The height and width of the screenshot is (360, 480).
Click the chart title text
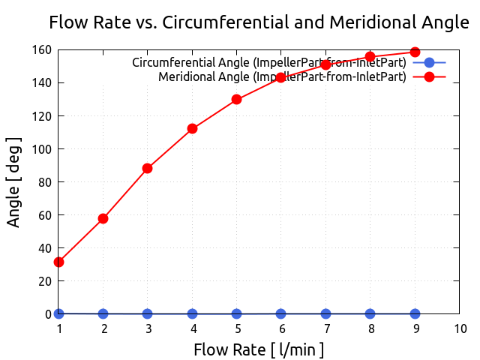tap(259, 22)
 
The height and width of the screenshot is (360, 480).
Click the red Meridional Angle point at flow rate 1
tap(58, 262)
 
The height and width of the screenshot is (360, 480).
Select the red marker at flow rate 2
tap(103, 218)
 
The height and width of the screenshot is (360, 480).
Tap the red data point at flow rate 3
tap(148, 168)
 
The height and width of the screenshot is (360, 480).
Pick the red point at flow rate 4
tap(193, 128)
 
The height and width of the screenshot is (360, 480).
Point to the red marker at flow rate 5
tap(237, 99)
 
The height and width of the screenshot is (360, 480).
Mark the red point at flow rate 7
tap(326, 64)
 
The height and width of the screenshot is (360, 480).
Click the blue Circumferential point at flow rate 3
tap(148, 313)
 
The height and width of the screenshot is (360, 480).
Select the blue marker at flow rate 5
tap(237, 313)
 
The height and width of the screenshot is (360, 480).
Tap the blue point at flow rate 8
tap(370, 313)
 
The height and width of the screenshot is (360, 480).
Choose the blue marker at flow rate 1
tap(58, 313)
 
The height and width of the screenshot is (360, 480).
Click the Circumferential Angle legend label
tap(269, 62)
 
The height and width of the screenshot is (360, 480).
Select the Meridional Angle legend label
tap(283, 76)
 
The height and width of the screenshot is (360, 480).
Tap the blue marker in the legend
tap(429, 62)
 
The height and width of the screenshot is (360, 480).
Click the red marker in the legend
tap(429, 76)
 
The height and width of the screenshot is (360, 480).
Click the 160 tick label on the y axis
tap(40, 50)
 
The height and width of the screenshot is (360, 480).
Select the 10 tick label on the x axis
tap(460, 328)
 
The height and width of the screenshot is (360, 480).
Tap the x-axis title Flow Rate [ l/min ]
tap(259, 349)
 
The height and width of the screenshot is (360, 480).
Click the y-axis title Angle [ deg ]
tap(14, 181)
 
